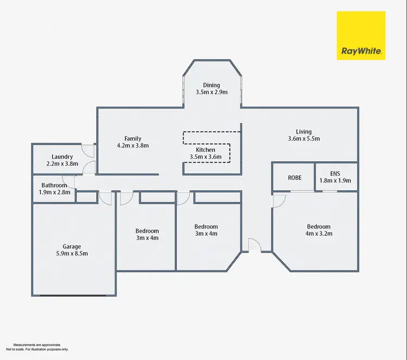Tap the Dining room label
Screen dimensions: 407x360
pyautogui.click(x=212, y=85)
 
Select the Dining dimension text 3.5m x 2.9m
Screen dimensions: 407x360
pyautogui.click(x=212, y=92)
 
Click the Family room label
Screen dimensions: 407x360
pyautogui.click(x=133, y=138)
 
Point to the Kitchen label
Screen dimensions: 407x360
pyautogui.click(x=206, y=150)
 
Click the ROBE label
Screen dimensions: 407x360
pyautogui.click(x=295, y=177)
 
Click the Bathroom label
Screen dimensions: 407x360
pyautogui.click(x=53, y=185)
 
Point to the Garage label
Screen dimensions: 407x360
pyautogui.click(x=72, y=246)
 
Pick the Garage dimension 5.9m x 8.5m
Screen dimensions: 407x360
pyautogui.click(x=72, y=253)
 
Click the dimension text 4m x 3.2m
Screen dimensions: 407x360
pyautogui.click(x=319, y=234)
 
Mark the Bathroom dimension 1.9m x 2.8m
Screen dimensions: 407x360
pyautogui.click(x=53, y=192)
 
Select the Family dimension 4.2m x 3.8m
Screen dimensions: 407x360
pyautogui.click(x=133, y=145)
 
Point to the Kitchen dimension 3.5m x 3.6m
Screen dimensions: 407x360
pyautogui.click(x=206, y=157)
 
